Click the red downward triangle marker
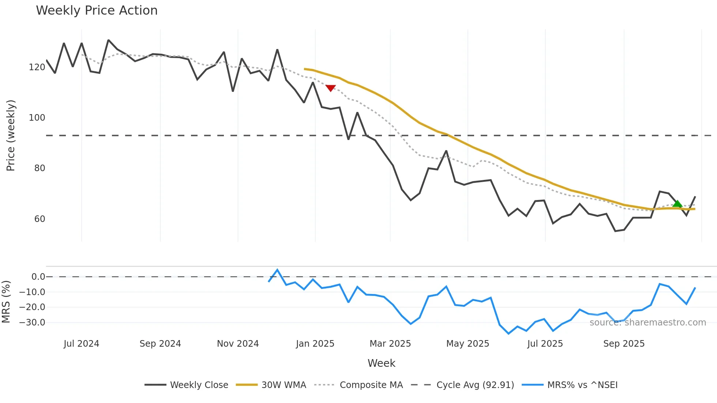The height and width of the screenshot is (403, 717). [330, 88]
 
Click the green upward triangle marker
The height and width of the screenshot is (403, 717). [677, 204]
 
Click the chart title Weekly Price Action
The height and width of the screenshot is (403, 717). [97, 10]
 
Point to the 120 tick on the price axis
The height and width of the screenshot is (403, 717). [37, 67]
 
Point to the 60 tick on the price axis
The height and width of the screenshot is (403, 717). [40, 219]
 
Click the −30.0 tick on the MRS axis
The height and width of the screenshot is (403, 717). [32, 323]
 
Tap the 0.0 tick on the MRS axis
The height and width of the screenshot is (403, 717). [38, 277]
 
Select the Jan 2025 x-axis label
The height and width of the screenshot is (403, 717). [315, 344]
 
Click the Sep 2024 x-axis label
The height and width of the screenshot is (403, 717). [160, 344]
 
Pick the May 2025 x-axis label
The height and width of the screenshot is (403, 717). [468, 344]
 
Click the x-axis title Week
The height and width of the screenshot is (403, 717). [381, 363]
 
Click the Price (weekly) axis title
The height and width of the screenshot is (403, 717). [11, 135]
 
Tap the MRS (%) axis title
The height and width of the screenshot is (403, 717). [6, 302]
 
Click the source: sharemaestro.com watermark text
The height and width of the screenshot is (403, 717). [647, 323]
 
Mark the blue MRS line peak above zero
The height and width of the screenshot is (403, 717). [277, 270]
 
